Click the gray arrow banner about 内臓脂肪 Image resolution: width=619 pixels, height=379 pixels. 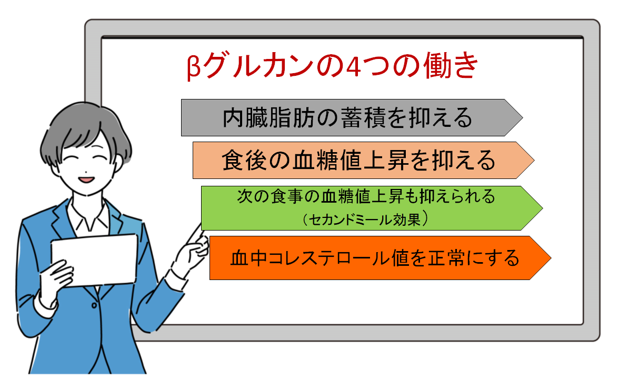point(352,118)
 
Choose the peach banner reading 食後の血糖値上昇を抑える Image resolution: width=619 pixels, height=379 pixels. point(363,160)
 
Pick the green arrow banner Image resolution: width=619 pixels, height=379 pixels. point(372,208)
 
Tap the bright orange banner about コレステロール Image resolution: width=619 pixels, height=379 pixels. point(380,258)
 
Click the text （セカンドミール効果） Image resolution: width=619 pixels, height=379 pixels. point(365,219)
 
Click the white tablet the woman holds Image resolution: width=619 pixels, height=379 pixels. point(94,260)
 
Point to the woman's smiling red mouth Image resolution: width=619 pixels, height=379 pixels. point(86,180)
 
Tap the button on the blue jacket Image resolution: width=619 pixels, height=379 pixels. point(94,305)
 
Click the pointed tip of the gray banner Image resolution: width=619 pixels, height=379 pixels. point(523,118)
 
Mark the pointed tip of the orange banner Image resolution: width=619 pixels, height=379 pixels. point(551,258)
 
